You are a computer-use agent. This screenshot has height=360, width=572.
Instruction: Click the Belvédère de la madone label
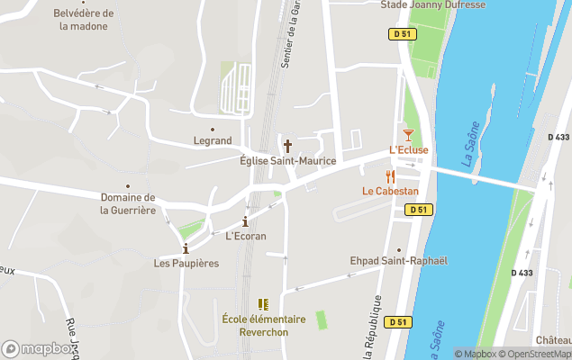83,20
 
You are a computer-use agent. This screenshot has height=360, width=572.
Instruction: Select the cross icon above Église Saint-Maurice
288,145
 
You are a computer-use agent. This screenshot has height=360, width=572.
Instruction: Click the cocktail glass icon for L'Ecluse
408,134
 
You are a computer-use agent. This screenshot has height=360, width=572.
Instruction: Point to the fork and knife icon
390,176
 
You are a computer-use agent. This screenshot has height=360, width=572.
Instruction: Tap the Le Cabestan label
390,191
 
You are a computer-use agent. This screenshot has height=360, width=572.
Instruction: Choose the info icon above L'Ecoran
245,221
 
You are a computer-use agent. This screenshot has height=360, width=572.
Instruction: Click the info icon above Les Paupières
186,248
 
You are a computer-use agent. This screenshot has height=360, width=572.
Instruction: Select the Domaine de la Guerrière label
128,203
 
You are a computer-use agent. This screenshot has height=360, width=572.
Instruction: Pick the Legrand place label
213,140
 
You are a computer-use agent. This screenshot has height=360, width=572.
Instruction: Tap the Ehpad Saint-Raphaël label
398,261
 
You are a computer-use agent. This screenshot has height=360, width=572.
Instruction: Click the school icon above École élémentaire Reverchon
264,304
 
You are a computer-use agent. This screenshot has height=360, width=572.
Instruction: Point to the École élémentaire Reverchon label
264,326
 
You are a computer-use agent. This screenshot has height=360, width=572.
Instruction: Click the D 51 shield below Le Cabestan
418,210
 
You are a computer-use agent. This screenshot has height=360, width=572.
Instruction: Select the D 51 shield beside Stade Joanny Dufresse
402,34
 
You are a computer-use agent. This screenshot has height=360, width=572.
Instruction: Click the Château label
553,340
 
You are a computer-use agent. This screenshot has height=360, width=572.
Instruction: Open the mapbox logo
37,349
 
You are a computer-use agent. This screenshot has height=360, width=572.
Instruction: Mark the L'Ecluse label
408,149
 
